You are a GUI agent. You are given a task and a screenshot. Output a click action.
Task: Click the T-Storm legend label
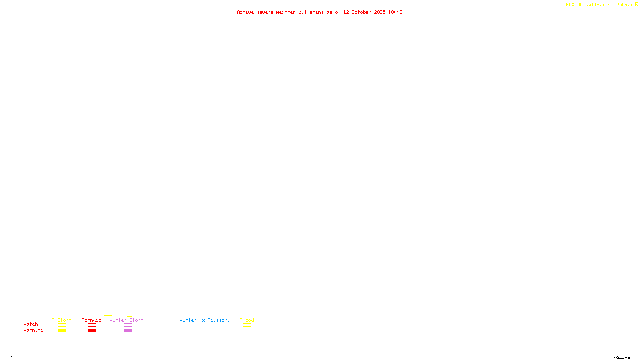click(x=62, y=320)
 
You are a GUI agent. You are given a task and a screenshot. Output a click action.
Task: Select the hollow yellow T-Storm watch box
click(x=62, y=325)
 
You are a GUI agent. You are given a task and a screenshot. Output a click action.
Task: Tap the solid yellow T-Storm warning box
click(x=62, y=331)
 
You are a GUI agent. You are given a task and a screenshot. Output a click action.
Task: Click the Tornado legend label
click(x=92, y=320)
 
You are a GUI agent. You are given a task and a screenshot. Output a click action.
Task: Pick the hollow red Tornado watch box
click(x=92, y=325)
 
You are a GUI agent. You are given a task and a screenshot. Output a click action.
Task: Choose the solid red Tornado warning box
click(x=92, y=331)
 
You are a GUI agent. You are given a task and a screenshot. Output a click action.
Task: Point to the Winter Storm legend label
click(x=126, y=320)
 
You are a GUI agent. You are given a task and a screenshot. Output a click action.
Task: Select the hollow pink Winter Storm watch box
click(x=128, y=325)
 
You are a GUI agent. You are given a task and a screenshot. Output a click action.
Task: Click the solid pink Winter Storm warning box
click(x=128, y=331)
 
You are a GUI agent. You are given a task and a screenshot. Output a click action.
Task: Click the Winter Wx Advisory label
click(x=205, y=320)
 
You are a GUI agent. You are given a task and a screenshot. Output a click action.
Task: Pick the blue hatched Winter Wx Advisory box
click(x=204, y=331)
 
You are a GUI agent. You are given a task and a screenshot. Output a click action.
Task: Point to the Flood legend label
click(x=247, y=320)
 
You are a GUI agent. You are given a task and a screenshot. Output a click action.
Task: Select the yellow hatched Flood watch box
click(x=247, y=325)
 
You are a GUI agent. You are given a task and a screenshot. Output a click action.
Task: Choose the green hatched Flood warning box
click(x=247, y=331)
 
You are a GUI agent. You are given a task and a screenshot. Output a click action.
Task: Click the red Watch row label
click(x=31, y=324)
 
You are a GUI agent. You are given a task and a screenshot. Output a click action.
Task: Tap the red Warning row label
click(x=33, y=330)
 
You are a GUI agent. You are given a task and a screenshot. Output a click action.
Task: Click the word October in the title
click(x=361, y=12)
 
